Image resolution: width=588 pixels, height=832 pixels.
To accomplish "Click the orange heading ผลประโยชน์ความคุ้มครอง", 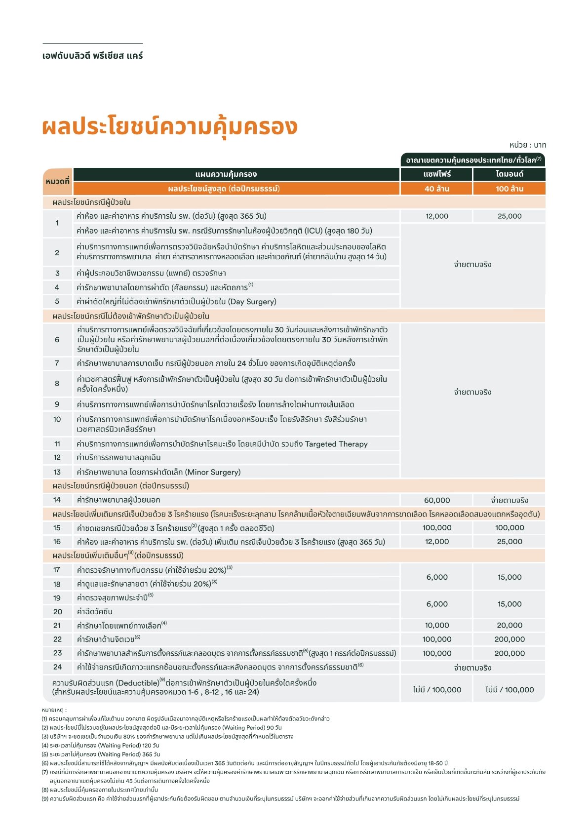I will pyautogui.click(x=170, y=127).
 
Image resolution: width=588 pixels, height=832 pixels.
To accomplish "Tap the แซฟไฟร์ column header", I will pyautogui.click(x=436, y=174).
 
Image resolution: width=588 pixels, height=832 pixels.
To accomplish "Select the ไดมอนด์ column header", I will pyautogui.click(x=510, y=174).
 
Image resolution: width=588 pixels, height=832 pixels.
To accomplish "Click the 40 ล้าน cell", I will pyautogui.click(x=436, y=189).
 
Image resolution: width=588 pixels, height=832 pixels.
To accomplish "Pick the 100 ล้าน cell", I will pyautogui.click(x=510, y=189).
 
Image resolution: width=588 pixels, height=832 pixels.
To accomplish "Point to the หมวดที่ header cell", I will pyautogui.click(x=57, y=181).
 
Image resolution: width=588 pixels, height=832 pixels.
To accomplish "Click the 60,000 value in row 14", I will pyautogui.click(x=436, y=500).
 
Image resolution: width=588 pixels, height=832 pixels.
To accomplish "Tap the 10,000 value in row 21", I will pyautogui.click(x=436, y=625).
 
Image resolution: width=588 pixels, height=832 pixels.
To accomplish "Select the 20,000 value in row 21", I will pyautogui.click(x=510, y=625).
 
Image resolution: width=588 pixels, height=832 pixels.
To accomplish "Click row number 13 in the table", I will pyautogui.click(x=57, y=472).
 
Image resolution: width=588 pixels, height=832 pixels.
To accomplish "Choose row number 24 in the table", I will pyautogui.click(x=57, y=667).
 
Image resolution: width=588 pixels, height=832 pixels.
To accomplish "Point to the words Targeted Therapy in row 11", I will pyautogui.click(x=336, y=444).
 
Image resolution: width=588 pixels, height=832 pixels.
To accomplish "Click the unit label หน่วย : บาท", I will pyautogui.click(x=527, y=145).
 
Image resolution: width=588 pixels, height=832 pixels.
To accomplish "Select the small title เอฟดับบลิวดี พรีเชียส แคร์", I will pyautogui.click(x=92, y=56).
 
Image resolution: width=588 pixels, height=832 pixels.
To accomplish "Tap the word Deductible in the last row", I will pyautogui.click(x=137, y=683).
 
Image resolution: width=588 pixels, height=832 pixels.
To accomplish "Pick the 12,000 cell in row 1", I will pyautogui.click(x=436, y=216).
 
